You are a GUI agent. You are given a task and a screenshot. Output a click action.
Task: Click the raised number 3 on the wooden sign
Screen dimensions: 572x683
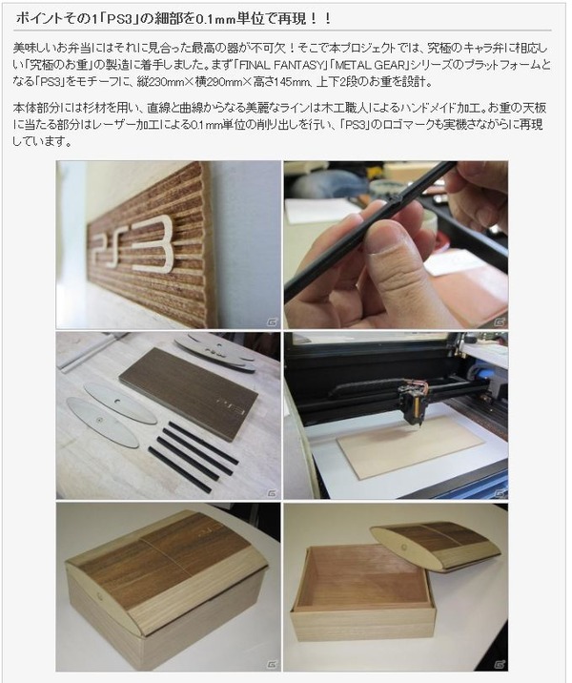point(153,243)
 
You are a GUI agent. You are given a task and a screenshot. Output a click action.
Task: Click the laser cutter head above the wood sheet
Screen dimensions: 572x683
point(413,403)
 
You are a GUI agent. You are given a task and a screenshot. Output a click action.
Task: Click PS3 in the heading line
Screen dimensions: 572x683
point(119,19)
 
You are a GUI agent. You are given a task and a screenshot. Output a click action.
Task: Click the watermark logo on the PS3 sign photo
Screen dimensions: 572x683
point(272,322)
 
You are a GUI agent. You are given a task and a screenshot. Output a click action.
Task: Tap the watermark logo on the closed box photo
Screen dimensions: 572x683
point(272,665)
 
